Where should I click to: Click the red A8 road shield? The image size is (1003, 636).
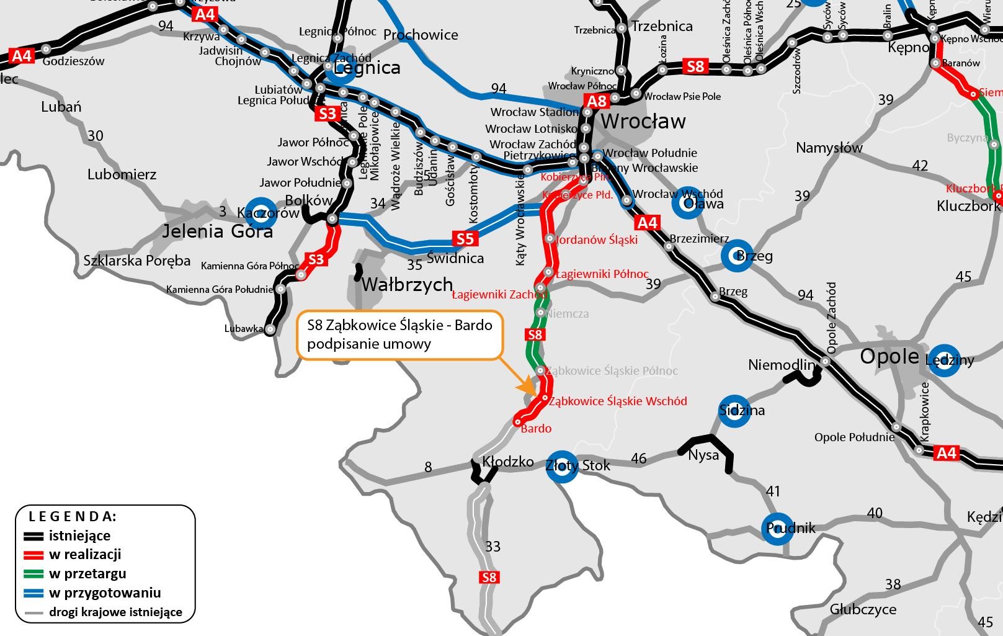pos(597,102)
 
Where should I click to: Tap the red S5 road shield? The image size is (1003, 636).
pos(465,239)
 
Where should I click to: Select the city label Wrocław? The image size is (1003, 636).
pos(643,121)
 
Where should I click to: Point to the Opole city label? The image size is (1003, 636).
pos(889,356)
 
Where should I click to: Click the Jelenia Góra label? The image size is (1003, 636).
pos(217,231)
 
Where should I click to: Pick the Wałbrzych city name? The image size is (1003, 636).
pos(407,284)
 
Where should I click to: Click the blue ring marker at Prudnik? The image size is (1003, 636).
pos(777,529)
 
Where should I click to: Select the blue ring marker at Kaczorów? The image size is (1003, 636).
pos(261,212)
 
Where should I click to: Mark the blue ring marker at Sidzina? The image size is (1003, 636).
pos(734,411)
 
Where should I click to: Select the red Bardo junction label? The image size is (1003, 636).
pos(536,428)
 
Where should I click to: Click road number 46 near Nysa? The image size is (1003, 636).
pos(638,459)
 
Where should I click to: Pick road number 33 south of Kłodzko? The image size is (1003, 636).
pos(493,546)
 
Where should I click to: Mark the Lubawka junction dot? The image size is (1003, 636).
pos(270,329)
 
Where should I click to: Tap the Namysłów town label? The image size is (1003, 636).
pos(829,148)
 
